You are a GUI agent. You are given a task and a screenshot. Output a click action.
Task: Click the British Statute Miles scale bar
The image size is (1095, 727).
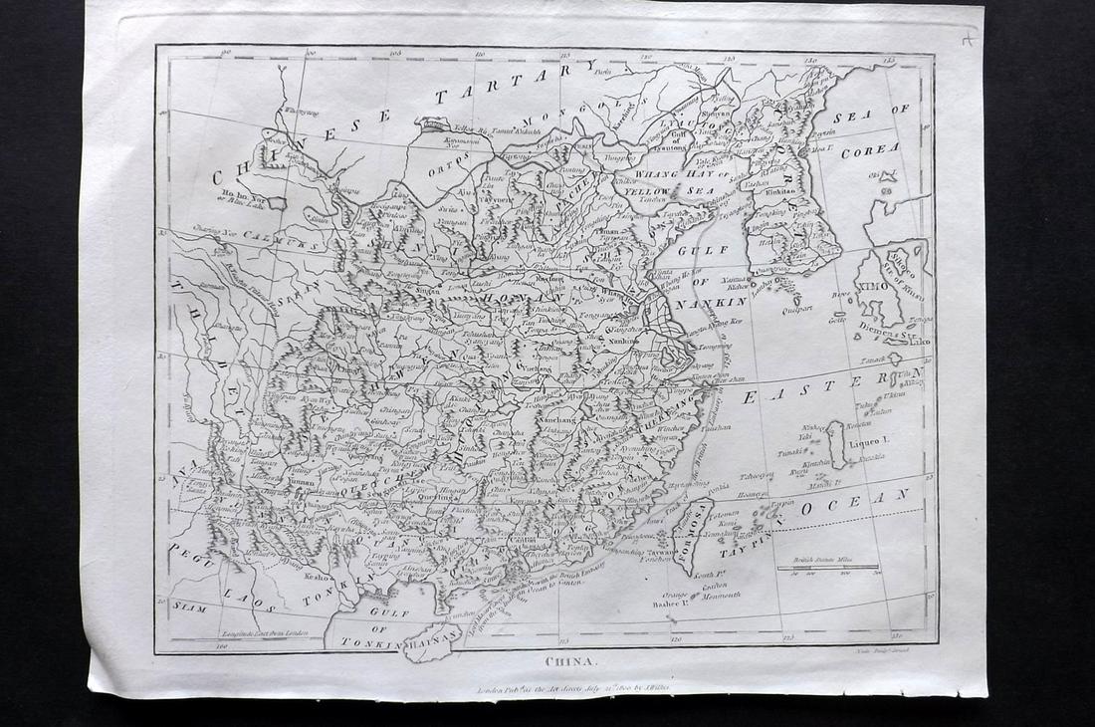pos(829,568)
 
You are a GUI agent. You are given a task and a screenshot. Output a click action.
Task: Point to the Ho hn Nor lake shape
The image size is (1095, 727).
pos(276,202)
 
